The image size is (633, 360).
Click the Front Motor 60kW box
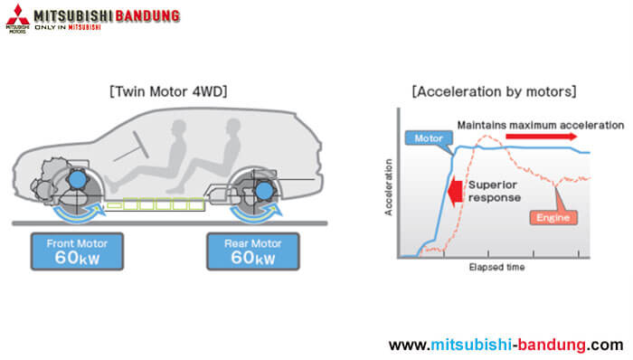click(77, 251)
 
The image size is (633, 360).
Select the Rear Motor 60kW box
click(252, 251)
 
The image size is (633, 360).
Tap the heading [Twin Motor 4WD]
click(167, 91)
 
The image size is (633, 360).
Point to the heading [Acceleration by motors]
click(493, 91)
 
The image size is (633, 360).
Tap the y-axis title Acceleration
click(389, 187)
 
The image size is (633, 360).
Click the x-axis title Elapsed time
click(496, 268)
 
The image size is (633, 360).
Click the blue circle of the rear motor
click(264, 191)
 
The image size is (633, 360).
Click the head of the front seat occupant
click(175, 124)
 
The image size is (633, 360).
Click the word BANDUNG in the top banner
click(143, 16)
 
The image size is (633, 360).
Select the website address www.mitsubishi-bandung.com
click(505, 345)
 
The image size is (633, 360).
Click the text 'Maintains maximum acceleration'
click(540, 124)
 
